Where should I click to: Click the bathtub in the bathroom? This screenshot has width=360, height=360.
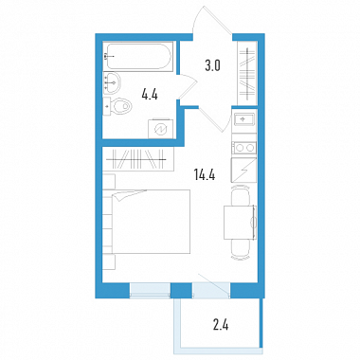point(138,56)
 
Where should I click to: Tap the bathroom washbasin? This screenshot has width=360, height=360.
point(112,82)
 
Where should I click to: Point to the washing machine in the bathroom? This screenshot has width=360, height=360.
point(161,129)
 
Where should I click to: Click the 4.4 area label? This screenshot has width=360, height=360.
point(150,94)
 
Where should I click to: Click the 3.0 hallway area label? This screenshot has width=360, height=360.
point(212,66)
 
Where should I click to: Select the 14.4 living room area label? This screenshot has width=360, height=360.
point(205,174)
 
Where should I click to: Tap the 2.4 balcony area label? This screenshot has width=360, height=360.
point(221,324)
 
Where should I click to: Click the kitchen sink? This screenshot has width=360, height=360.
point(243,119)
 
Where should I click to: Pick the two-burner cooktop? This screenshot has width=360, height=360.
point(244,148)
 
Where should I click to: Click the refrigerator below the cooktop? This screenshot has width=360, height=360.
point(243,171)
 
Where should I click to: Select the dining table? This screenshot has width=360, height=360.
point(240,222)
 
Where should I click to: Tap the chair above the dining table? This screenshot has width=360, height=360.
point(241,195)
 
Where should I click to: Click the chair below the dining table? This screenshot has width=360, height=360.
point(241,249)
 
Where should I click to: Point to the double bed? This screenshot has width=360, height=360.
point(146,222)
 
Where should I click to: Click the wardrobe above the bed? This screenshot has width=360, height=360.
point(138,159)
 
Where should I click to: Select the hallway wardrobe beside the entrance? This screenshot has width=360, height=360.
point(247,73)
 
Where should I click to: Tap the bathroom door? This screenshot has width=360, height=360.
point(188,86)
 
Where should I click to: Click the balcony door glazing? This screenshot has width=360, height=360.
point(211,289)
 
